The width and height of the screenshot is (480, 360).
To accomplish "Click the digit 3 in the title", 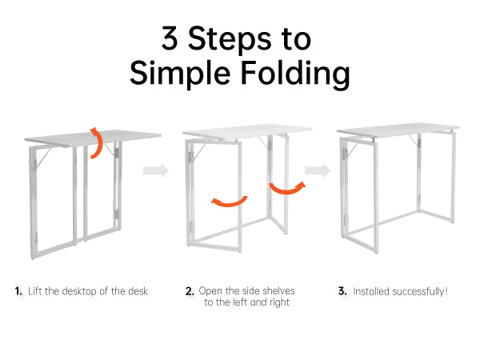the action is [x=170, y=38].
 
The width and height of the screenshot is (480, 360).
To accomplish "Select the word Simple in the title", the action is [x=180, y=74].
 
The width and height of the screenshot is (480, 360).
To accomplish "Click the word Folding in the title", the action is [x=295, y=74].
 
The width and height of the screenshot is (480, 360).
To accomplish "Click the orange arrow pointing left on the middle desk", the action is [x=229, y=202].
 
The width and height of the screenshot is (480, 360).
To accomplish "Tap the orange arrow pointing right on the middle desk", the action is [x=287, y=188].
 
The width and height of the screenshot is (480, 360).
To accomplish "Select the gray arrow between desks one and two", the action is [x=156, y=170].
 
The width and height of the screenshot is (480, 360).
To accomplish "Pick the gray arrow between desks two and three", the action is [x=318, y=170].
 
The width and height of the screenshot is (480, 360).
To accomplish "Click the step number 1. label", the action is [x=18, y=291].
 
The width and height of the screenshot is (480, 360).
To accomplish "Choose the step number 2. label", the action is [x=190, y=291].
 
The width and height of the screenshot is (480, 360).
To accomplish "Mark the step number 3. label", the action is [x=342, y=291].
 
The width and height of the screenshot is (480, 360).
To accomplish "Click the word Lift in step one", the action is [x=35, y=291].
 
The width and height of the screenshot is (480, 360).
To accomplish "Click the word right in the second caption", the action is [x=279, y=302].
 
